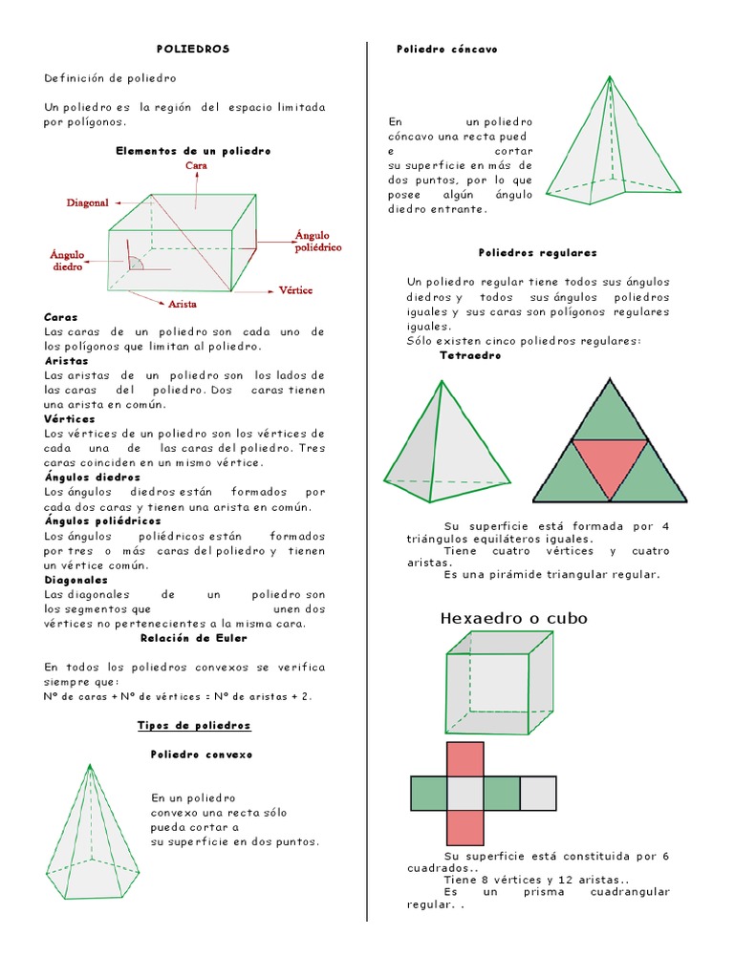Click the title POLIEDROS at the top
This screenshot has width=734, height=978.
click(x=193, y=49)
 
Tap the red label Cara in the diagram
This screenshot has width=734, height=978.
click(x=196, y=165)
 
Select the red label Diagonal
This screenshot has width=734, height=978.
click(x=87, y=202)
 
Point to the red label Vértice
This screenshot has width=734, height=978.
click(x=295, y=289)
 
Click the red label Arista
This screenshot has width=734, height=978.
click(x=183, y=304)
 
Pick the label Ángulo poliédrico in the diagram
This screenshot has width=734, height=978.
click(x=317, y=241)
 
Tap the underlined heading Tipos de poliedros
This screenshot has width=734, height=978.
click(x=194, y=726)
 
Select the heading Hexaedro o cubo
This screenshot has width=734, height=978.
click(x=513, y=619)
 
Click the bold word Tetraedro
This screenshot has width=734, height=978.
click(x=470, y=355)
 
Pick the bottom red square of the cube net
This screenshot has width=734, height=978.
click(x=465, y=828)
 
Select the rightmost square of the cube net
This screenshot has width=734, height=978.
click(x=538, y=794)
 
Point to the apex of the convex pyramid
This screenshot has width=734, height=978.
click(x=90, y=765)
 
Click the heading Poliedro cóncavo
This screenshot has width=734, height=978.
click(x=447, y=49)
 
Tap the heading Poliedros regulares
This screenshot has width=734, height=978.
click(x=537, y=253)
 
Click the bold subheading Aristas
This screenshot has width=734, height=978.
click(x=66, y=361)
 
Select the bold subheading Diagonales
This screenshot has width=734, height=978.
click(x=76, y=580)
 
